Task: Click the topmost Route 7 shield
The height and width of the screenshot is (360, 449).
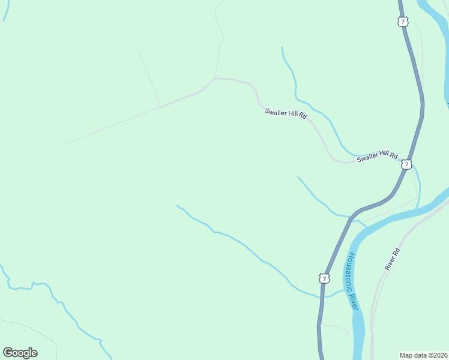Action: point(402,22)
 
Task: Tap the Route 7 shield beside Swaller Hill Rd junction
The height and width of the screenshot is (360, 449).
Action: point(407,164)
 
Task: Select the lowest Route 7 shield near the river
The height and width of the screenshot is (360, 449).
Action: point(324,278)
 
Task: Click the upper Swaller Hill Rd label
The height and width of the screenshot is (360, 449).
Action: point(286,113)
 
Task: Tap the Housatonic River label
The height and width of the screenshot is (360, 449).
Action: point(352,281)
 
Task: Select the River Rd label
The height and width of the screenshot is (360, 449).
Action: point(393,259)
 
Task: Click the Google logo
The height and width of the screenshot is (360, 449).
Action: point(20,353)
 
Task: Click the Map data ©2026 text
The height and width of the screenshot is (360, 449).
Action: point(423,355)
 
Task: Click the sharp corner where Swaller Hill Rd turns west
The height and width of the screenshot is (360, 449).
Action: point(215,78)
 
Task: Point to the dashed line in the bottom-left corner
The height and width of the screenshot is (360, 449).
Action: point(42,334)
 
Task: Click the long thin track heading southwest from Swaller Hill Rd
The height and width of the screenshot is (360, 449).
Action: point(114,125)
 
